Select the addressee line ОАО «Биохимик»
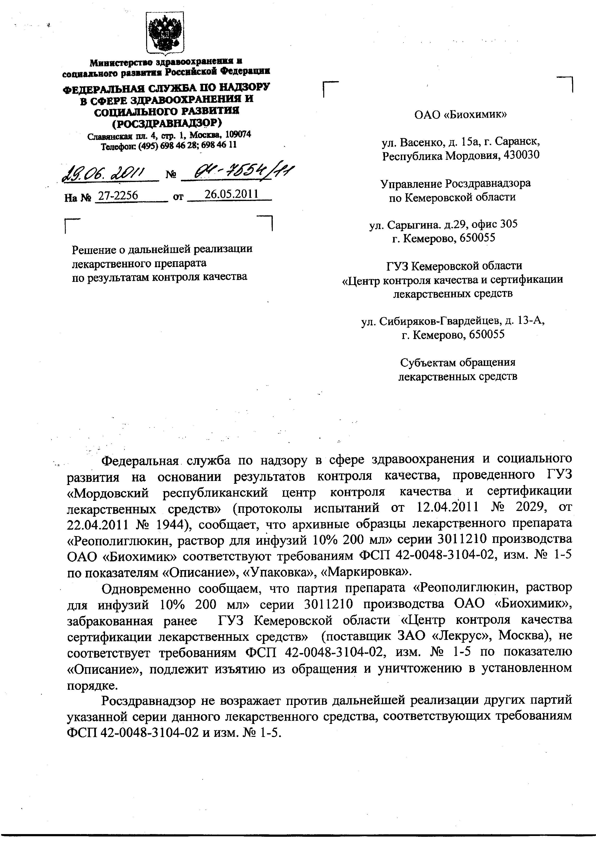click(x=460, y=115)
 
